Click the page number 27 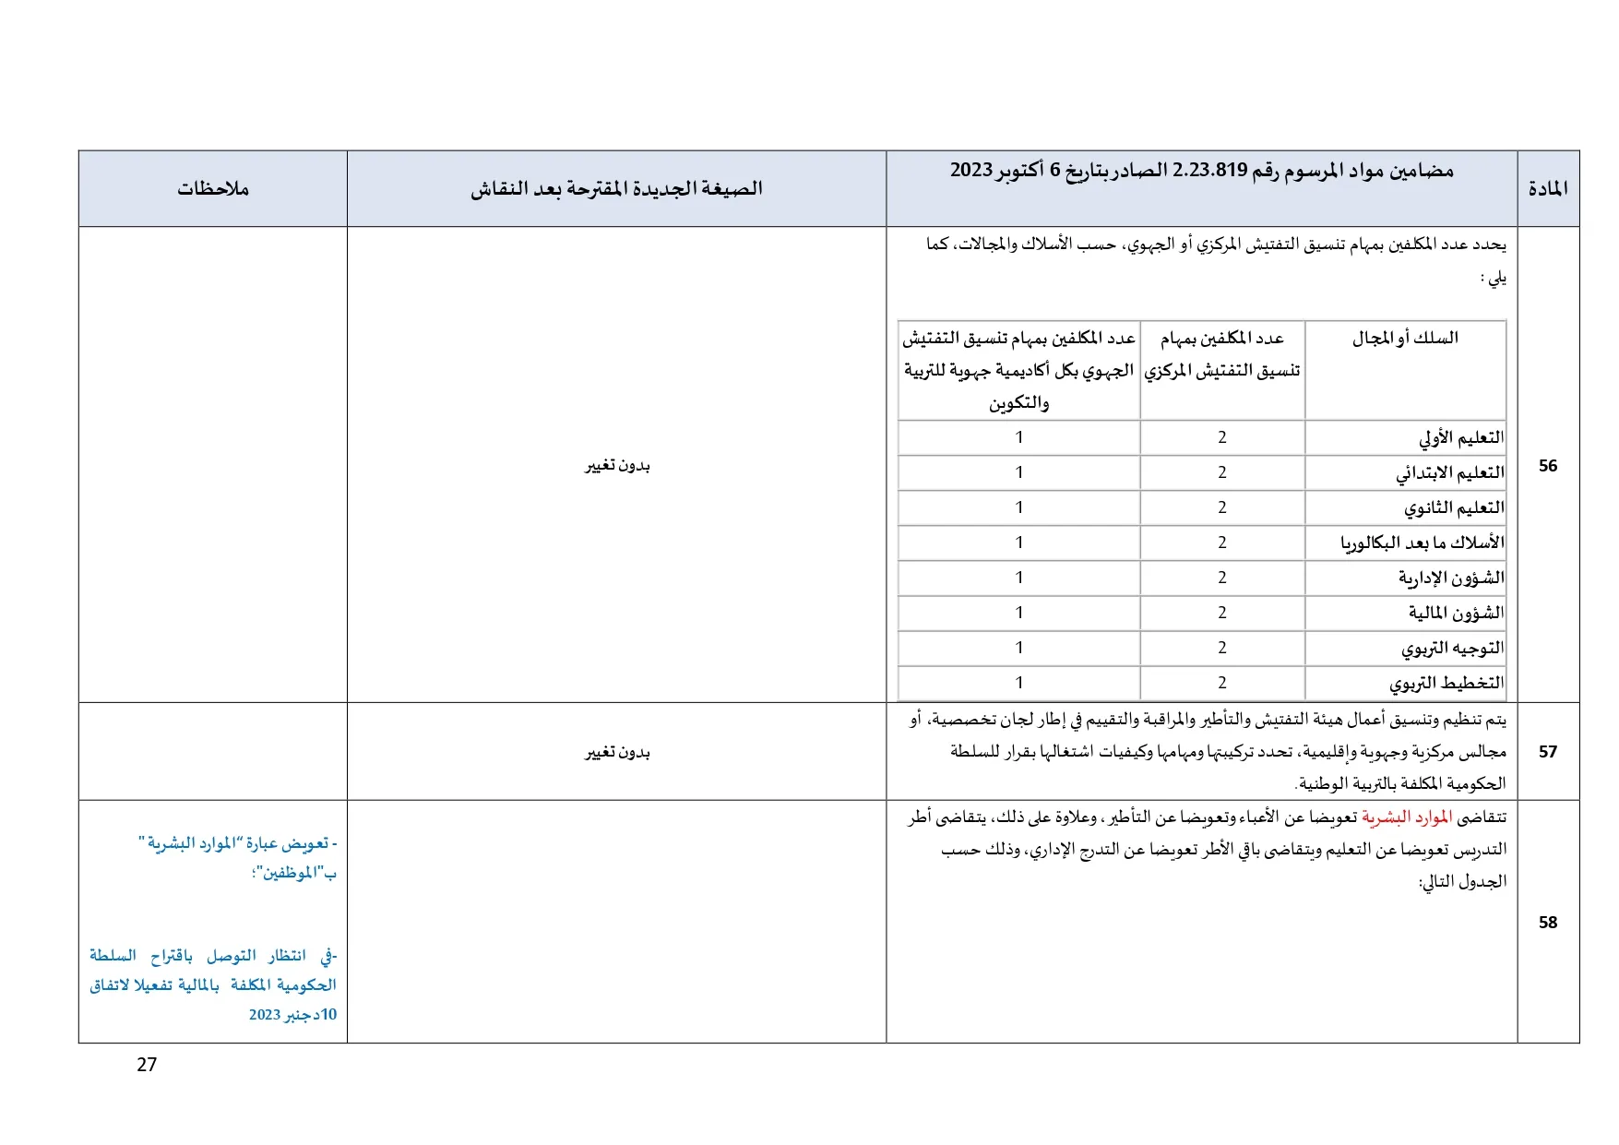pyautogui.click(x=147, y=1065)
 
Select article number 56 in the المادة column pyautogui.click(x=1548, y=466)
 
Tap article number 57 pyautogui.click(x=1548, y=752)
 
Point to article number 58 pyautogui.click(x=1548, y=923)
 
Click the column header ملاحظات pyautogui.click(x=213, y=189)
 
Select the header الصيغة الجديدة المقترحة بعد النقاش pyautogui.click(x=616, y=189)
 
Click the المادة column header pyautogui.click(x=1548, y=189)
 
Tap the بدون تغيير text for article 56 pyautogui.click(x=617, y=466)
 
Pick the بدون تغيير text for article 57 pyautogui.click(x=617, y=753)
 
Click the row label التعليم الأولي pyautogui.click(x=1461, y=437)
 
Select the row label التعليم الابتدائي pyautogui.click(x=1450, y=472)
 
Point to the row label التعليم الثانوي pyautogui.click(x=1454, y=507)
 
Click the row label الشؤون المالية pyautogui.click(x=1456, y=613)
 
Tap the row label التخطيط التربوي pyautogui.click(x=1446, y=683)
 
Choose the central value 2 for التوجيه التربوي pyautogui.click(x=1222, y=648)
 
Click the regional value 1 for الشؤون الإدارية pyautogui.click(x=1019, y=578)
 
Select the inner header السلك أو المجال pyautogui.click(x=1405, y=339)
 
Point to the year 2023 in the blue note pyautogui.click(x=265, y=1015)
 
